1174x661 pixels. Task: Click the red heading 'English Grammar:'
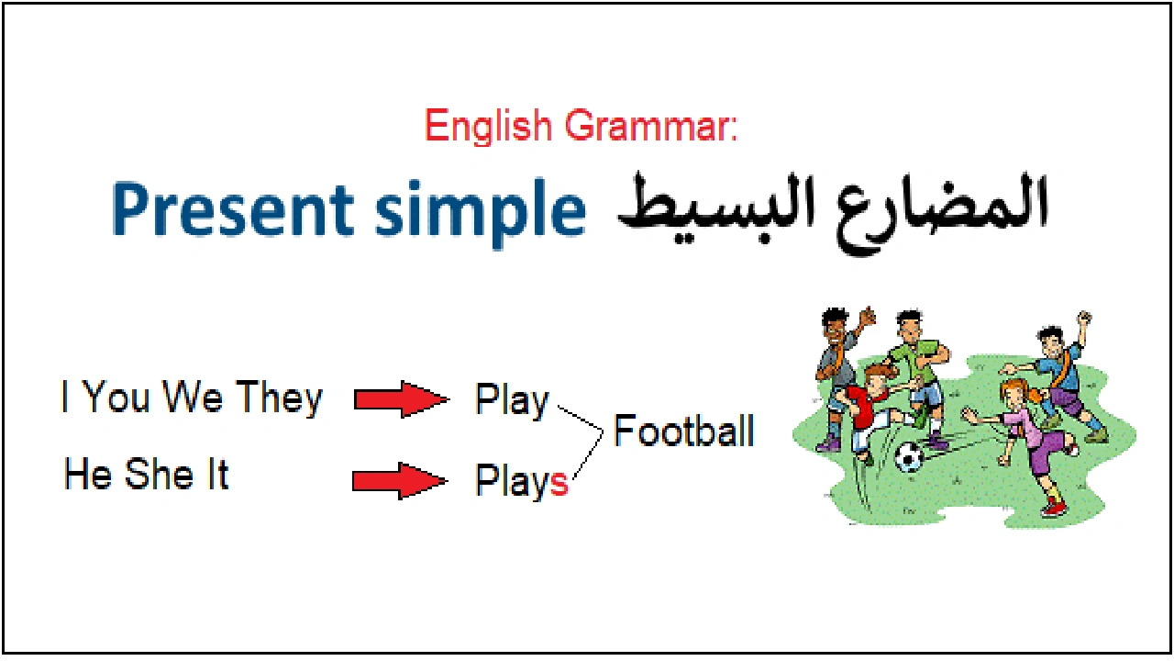[x=581, y=126]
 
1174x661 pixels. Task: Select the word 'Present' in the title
[x=235, y=210]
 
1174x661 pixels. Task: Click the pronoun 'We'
[x=193, y=398]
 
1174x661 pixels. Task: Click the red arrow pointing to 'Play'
[x=400, y=400]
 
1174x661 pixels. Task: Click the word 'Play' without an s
[x=512, y=401]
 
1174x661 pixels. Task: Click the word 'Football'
[x=684, y=431]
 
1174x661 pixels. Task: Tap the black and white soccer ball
[x=908, y=456]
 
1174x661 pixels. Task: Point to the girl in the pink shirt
[x=1027, y=431]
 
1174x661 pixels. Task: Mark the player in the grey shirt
[x=836, y=363]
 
